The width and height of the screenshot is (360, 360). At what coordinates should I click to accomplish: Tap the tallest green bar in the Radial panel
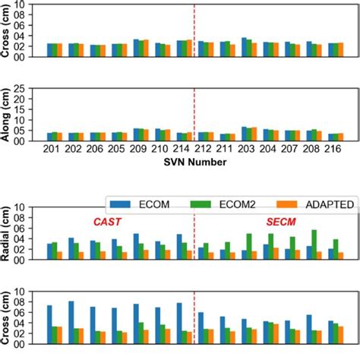pos(314,244)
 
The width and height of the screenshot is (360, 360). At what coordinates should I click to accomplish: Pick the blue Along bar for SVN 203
pos(244,134)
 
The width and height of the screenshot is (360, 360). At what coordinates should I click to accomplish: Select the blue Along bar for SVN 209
pos(136,134)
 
